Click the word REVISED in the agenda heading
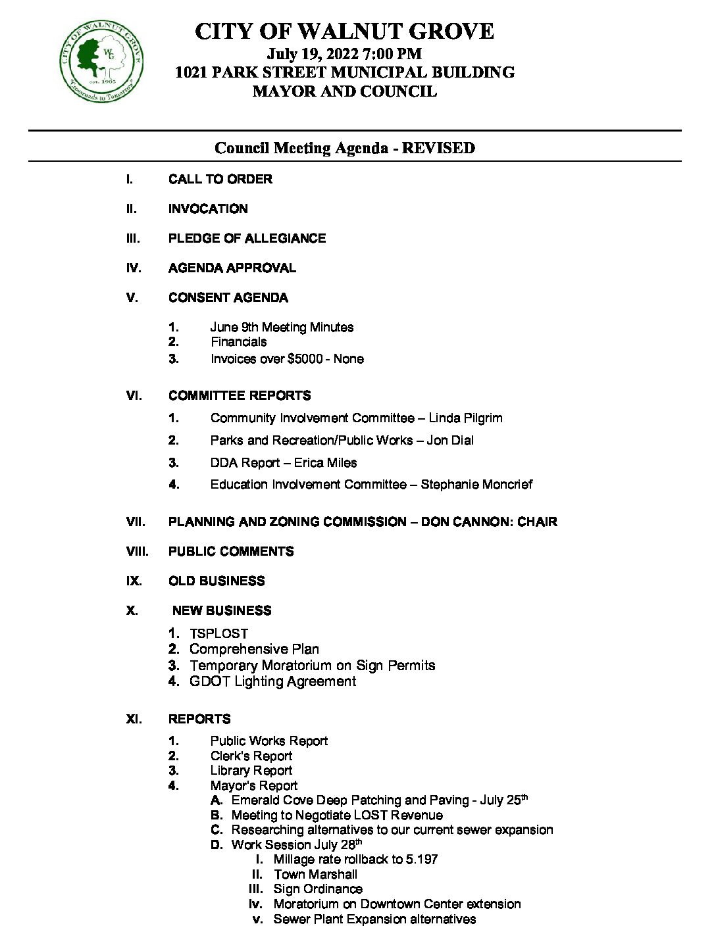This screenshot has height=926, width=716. coord(438,148)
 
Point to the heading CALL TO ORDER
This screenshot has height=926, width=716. coord(220,179)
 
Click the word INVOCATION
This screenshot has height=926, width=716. coord(208,208)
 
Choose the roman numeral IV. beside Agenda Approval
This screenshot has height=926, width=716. coord(134,268)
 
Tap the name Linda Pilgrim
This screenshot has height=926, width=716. coord(465,418)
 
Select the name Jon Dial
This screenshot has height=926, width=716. coord(450,440)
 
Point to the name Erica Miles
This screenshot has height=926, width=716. coord(325,462)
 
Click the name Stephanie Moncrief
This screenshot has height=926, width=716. coord(476,484)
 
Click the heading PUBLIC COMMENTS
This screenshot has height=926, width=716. coord(231,551)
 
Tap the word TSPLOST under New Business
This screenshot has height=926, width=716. coord(218,633)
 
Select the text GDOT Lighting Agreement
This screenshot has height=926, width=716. coord(272,681)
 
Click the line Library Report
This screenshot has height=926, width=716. coord(251,770)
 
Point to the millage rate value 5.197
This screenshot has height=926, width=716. coord(422,859)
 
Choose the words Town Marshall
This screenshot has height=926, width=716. coord(315,874)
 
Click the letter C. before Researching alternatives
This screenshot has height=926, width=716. coord(217,829)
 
